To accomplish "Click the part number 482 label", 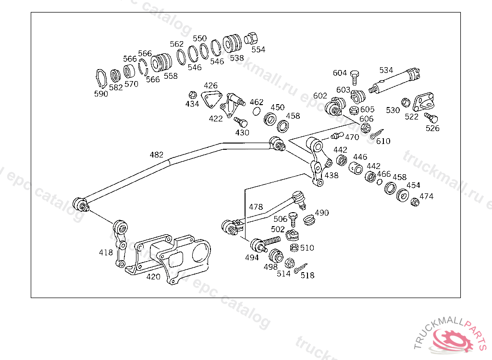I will [157, 155].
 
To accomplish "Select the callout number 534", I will [386, 70].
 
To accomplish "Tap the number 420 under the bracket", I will [153, 276].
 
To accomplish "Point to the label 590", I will [101, 94].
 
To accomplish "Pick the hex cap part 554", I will [252, 38].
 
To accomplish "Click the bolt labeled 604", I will [355, 76].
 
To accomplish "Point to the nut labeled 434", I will [192, 94].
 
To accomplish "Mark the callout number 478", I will [256, 207].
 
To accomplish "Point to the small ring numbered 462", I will [257, 111].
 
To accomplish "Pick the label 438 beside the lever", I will [332, 176].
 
